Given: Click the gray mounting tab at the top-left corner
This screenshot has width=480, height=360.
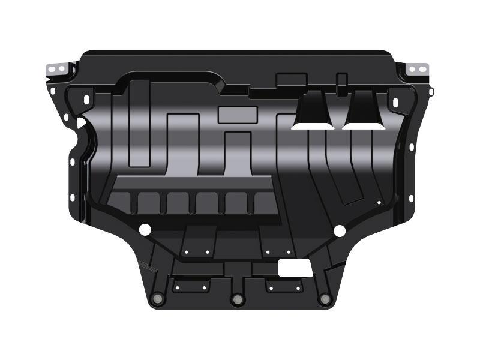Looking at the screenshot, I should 56,69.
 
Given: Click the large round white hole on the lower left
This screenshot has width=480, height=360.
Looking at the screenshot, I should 144,229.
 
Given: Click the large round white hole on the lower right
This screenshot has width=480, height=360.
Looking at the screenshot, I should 339,230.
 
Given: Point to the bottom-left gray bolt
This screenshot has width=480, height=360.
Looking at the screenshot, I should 158,298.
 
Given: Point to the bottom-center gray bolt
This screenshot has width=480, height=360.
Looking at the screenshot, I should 238,298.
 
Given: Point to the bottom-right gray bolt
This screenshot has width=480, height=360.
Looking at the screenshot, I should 325,298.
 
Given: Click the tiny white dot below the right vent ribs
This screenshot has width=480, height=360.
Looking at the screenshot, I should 379,203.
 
